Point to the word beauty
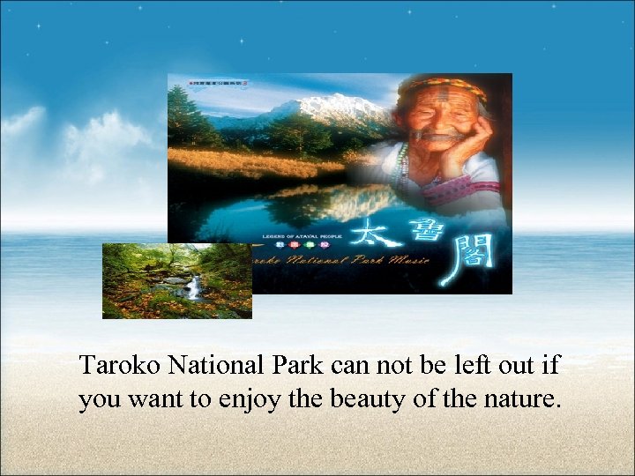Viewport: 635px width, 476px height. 370,400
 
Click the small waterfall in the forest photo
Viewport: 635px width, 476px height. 192,286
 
